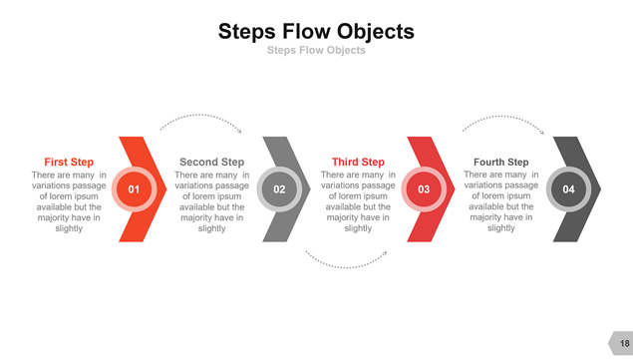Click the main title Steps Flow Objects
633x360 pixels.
click(316, 32)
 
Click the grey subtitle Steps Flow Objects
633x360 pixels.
click(316, 50)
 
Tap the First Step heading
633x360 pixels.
click(69, 162)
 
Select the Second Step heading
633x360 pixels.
click(212, 162)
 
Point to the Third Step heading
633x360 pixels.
click(358, 162)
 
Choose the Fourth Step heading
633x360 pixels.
click(501, 162)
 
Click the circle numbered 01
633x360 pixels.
click(134, 189)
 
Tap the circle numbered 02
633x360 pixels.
click(279, 189)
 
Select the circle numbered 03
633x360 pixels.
click(424, 189)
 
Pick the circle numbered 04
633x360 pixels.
click(569, 189)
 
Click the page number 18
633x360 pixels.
click(624, 343)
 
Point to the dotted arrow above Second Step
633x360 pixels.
click(199, 115)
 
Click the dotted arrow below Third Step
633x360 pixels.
click(346, 267)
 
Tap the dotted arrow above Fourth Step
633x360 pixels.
click(502, 117)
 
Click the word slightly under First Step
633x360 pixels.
click(69, 228)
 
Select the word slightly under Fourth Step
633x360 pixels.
click(501, 228)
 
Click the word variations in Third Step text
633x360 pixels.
click(338, 185)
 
